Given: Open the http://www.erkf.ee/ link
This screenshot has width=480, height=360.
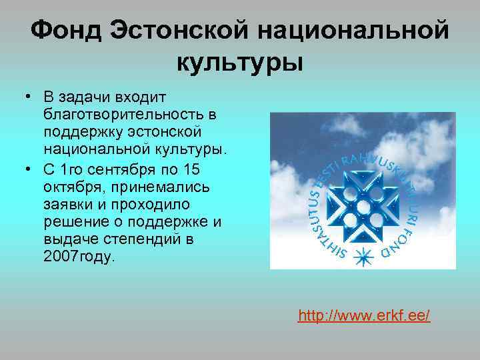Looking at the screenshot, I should [x=364, y=315].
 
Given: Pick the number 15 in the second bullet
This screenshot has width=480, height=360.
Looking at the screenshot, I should [x=191, y=169].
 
